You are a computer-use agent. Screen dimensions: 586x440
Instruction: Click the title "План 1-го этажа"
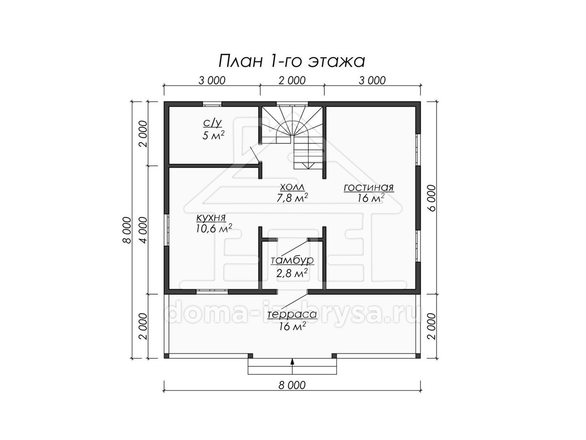point(292,61)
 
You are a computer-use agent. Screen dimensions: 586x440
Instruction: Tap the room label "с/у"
point(212,123)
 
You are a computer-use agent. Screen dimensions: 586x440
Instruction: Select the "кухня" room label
point(211,218)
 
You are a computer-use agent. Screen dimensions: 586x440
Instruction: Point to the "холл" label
point(292,187)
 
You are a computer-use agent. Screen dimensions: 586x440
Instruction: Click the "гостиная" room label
point(369,188)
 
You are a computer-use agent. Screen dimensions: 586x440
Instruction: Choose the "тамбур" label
point(293,260)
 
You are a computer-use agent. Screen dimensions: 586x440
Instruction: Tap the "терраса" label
point(292,314)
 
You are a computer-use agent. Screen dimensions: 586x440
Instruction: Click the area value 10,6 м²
point(214,228)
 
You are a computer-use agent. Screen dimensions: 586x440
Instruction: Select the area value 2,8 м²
point(292,273)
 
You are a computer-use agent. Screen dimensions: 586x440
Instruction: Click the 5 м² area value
point(213,135)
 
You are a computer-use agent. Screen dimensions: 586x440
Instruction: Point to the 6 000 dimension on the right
point(431,198)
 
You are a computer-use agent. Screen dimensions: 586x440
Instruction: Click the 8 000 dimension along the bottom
point(292,385)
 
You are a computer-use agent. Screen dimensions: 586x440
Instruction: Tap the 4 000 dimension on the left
point(143,230)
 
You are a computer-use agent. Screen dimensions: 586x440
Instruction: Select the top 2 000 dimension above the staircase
point(292,80)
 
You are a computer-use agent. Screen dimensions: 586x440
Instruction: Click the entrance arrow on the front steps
point(293,366)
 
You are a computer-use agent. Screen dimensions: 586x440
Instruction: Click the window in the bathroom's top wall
point(212,104)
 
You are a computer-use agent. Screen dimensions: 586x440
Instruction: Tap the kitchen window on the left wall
point(167,230)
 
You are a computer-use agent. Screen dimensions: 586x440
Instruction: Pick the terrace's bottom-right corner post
point(418,356)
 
